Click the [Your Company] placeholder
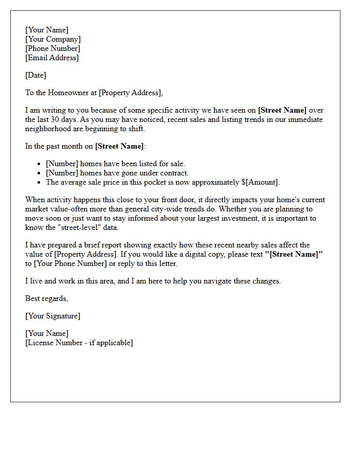tap(52, 39)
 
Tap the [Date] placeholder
tap(35, 75)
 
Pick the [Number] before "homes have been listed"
tap(61, 164)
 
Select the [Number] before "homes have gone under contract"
tap(61, 173)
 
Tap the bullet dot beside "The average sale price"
tap(39, 182)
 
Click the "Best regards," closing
tap(46, 298)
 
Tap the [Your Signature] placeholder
tap(52, 316)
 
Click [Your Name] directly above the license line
tap(46, 333)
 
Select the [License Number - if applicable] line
tap(79, 343)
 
